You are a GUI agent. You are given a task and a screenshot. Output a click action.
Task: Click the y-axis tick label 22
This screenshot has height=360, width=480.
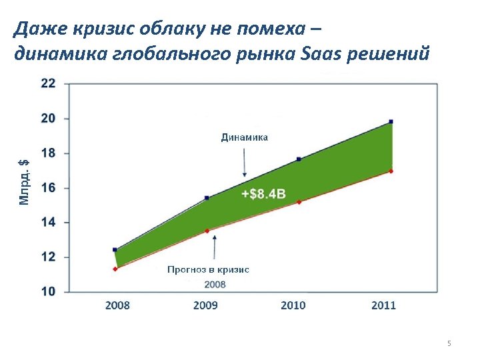49,83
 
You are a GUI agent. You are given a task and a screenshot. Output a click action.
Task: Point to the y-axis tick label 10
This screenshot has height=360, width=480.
49,291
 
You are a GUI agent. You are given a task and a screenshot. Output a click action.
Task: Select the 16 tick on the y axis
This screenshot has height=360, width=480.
49,188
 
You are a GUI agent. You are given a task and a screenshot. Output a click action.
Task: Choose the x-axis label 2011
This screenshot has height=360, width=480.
383,305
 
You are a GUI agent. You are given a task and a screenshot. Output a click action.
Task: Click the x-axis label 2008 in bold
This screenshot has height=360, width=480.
117,305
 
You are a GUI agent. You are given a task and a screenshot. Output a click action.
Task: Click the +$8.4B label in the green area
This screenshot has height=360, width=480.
263,194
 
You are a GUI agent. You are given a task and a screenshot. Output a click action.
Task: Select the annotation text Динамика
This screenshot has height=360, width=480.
245,137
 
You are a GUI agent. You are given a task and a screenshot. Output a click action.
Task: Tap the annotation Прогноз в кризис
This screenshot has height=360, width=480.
208,270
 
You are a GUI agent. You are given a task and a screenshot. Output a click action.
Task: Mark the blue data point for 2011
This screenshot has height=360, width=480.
391,121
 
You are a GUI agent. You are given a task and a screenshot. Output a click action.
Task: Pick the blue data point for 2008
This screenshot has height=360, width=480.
115,249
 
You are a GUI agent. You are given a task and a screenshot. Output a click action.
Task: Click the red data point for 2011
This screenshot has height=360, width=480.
391,171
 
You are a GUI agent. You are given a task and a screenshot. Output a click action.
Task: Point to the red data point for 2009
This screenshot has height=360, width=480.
207,231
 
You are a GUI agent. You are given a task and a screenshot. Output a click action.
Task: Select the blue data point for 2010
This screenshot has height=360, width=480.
299,159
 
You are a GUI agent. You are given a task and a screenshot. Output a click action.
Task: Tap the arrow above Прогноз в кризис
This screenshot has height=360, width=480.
214,248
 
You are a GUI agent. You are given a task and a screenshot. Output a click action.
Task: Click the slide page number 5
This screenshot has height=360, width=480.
449,343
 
